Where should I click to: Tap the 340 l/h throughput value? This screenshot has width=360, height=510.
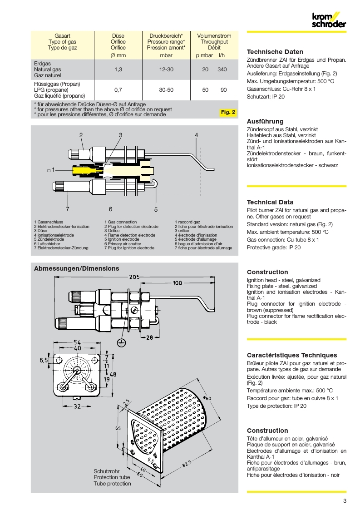pyautogui.click(x=222, y=69)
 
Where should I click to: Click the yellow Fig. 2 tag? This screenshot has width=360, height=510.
pyautogui.click(x=228, y=112)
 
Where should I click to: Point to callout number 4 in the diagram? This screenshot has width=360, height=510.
pyautogui.click(x=197, y=135)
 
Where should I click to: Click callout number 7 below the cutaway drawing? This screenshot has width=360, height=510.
pyautogui.click(x=67, y=209)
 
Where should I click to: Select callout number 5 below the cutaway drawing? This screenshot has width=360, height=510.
pyautogui.click(x=156, y=209)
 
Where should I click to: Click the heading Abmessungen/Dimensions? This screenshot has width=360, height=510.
pyautogui.click(x=77, y=268)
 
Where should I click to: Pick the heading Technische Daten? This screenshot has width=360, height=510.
pyautogui.click(x=275, y=52)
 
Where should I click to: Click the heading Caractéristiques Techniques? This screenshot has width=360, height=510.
pyautogui.click(x=292, y=355)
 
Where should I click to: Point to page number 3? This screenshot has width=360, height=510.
pyautogui.click(x=345, y=501)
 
